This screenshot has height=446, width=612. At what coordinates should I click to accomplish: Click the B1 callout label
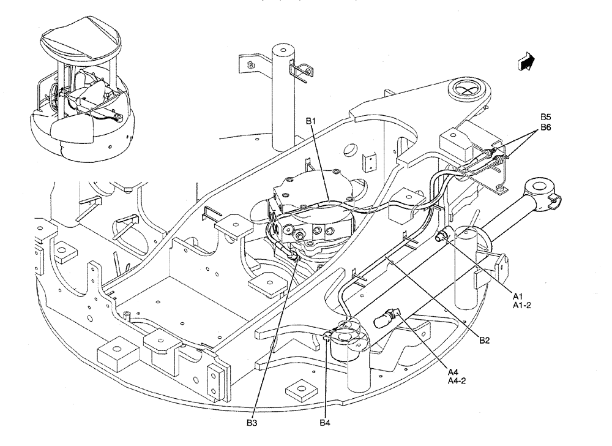[x=312, y=122]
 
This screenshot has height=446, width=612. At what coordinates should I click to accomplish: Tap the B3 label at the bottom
[x=252, y=423]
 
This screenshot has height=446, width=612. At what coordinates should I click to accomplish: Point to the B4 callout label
[x=324, y=423]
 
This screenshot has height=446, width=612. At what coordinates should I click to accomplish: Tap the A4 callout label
[x=452, y=371]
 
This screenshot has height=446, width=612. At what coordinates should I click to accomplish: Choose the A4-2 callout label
[x=457, y=380]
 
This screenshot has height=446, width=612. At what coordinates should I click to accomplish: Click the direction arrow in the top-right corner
[x=525, y=61]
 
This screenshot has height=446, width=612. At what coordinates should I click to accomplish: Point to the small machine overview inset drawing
[x=80, y=92]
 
